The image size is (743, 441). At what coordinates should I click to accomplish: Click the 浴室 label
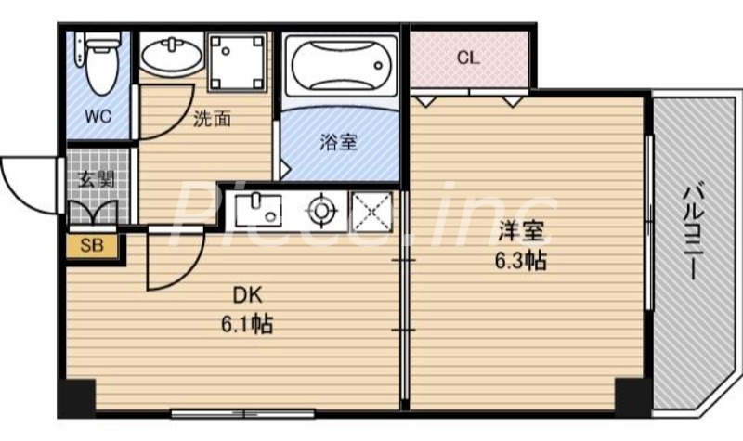pos(338,142)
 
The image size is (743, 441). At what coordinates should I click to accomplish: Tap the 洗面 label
pos(212,119)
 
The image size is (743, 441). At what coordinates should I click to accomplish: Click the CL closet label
pos(468,58)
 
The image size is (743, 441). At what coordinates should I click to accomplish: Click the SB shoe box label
pos(92,246)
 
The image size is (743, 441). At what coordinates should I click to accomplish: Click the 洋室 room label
pos(518,230)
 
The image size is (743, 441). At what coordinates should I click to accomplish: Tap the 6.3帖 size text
pos(518,260)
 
